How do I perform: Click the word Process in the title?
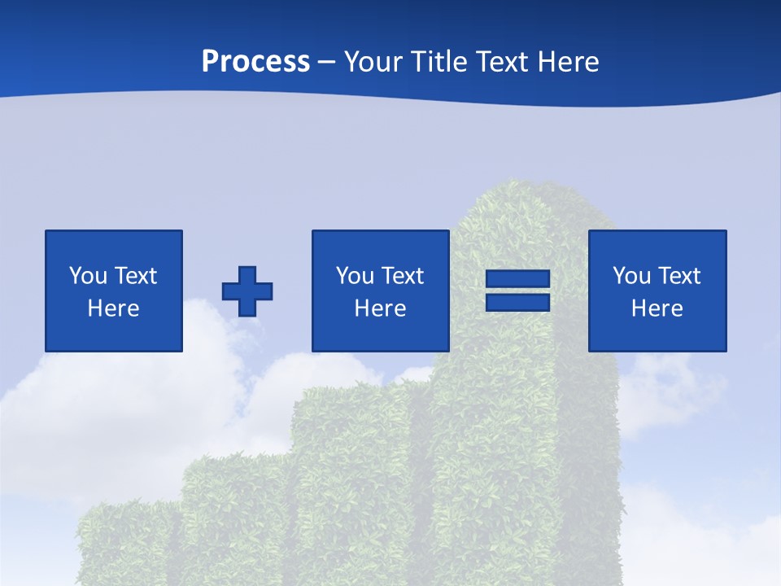[255, 62]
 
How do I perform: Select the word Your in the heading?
[373, 62]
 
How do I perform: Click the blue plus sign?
[247, 291]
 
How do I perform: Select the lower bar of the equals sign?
[517, 303]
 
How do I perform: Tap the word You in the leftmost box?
[88, 276]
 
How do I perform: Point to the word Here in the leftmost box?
[113, 308]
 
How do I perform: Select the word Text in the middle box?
[403, 276]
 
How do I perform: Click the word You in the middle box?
[355, 276]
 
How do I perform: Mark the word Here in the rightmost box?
[657, 308]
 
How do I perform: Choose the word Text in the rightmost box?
[679, 276]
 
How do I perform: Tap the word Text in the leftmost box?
[136, 276]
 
